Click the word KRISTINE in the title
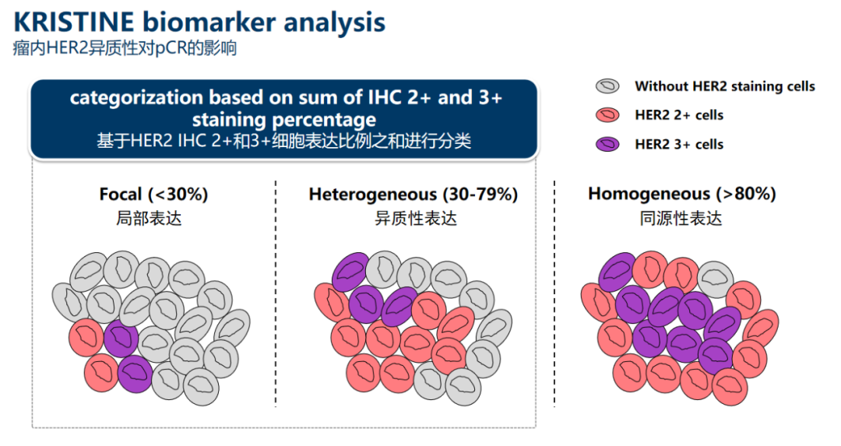pyautogui.click(x=73, y=22)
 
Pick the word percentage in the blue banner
pyautogui.click(x=332, y=120)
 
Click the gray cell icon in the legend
pyautogui.click(x=607, y=86)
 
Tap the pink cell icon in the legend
pyautogui.click(x=607, y=115)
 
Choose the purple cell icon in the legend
pyautogui.click(x=607, y=144)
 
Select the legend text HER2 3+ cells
pyautogui.click(x=679, y=144)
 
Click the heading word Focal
pyautogui.click(x=121, y=194)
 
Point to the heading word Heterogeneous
pyautogui.click(x=373, y=194)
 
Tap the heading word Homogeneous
pyautogui.click(x=649, y=194)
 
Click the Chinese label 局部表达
pyautogui.click(x=149, y=219)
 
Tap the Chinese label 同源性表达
pyautogui.click(x=681, y=219)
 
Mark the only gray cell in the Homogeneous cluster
pyautogui.click(x=715, y=279)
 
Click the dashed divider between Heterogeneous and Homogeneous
pyautogui.click(x=554, y=293)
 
